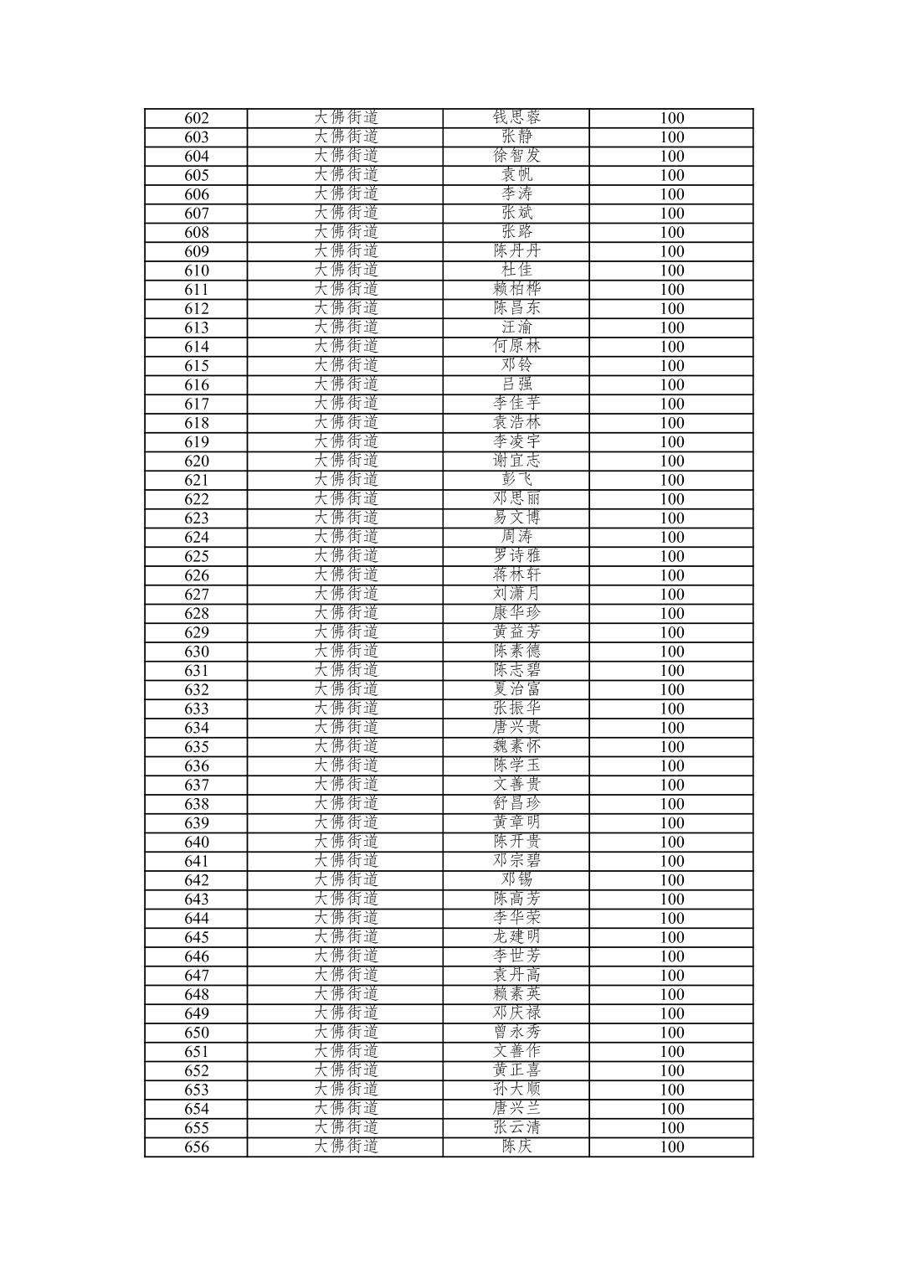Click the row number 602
coord(196,118)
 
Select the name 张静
coord(516,137)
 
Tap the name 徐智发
coord(516,156)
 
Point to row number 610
coord(196,271)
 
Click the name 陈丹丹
coord(516,251)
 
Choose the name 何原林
coord(516,347)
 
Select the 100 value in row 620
coord(671,461)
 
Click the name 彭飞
coord(516,480)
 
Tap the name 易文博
coord(516,518)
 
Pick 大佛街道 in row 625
coord(346,556)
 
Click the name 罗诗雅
coord(516,556)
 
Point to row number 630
coord(196,652)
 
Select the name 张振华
coord(516,709)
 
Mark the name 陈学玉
coord(516,765)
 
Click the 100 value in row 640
coord(671,842)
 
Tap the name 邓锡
coord(516,880)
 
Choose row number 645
coord(196,937)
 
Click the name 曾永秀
coord(516,1033)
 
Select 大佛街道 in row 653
coord(346,1090)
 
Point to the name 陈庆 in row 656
coord(516,1147)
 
